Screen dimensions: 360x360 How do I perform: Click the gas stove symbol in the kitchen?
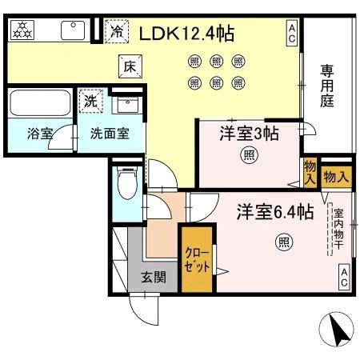(22, 30)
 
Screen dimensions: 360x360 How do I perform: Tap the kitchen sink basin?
(73, 30)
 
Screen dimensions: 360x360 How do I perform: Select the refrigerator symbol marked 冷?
(117, 31)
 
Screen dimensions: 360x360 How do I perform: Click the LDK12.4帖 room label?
(186, 34)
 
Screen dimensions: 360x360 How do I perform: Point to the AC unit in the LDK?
(292, 34)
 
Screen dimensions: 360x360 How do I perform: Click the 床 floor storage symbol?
(130, 66)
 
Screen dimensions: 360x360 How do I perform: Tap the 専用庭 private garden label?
(327, 86)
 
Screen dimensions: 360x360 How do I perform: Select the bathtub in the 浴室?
(40, 102)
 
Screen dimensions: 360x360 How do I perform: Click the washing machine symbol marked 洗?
(90, 101)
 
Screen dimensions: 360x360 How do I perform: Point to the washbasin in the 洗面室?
(127, 105)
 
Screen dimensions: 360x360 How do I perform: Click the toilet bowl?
(127, 183)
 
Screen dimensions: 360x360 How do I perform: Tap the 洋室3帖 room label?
(250, 134)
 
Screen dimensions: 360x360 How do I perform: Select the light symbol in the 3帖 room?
(250, 154)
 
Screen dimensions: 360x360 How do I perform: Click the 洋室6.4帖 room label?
(275, 212)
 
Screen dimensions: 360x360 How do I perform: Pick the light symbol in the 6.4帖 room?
(284, 242)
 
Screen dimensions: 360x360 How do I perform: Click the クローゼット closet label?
(198, 259)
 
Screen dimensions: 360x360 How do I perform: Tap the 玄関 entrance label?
(154, 278)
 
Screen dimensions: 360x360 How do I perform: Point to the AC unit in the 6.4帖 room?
(344, 278)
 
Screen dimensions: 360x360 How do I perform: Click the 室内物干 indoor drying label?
(338, 230)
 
